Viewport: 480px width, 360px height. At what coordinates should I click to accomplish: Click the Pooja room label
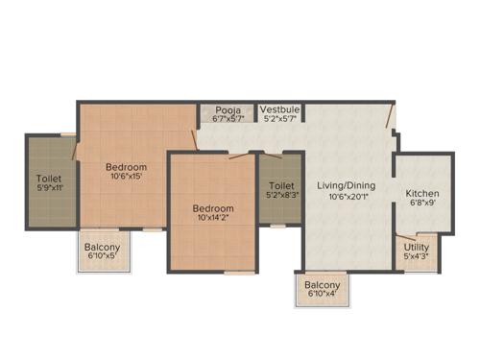point(228,110)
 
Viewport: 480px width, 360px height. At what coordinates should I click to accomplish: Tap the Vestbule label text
point(280,110)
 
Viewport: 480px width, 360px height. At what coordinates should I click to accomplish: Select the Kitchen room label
point(422,191)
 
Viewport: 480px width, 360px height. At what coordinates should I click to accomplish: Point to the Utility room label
point(418,247)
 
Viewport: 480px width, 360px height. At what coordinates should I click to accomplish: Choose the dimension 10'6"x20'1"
point(348,197)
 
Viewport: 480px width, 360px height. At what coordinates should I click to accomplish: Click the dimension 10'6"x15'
point(126,176)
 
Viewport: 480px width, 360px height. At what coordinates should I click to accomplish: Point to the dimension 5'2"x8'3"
point(281,195)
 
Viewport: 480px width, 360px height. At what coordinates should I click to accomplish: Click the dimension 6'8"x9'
point(422,203)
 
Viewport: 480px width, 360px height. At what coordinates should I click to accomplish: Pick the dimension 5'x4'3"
point(418,256)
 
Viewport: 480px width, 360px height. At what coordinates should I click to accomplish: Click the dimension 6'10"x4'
point(322,295)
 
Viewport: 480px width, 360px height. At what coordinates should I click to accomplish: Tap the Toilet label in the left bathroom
point(48,178)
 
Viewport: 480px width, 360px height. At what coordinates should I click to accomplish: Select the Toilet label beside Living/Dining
point(281,184)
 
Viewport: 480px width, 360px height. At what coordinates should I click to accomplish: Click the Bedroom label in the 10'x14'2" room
point(212,208)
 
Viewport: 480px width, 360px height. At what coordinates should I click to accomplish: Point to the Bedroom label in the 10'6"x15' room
point(126,165)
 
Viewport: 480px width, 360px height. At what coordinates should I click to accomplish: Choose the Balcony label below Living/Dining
point(322,285)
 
